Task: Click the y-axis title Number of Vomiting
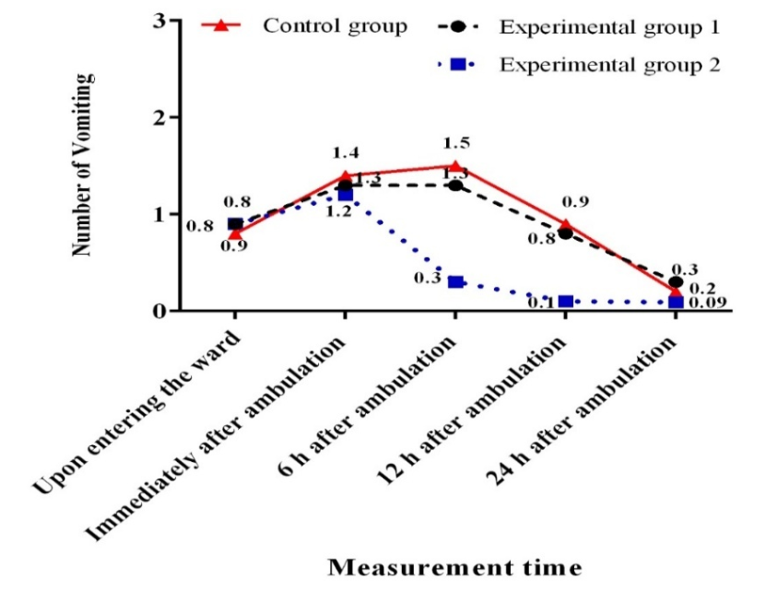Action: click(x=86, y=166)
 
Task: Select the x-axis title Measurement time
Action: click(x=454, y=567)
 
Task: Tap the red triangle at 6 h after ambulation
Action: click(x=455, y=167)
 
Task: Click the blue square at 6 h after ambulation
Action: click(x=455, y=282)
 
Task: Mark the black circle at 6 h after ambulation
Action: click(x=455, y=185)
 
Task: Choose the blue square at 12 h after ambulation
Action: click(x=566, y=302)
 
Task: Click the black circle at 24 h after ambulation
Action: click(x=676, y=282)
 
